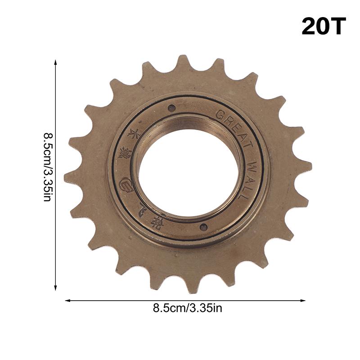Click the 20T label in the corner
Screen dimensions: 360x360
323,27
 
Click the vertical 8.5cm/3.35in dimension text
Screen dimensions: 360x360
47,166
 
